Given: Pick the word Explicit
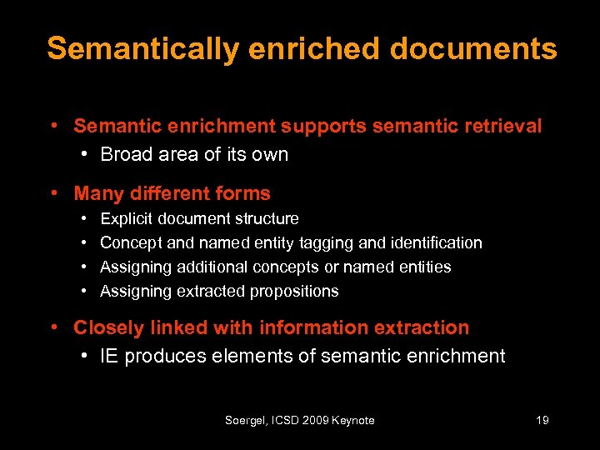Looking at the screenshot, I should [x=126, y=219].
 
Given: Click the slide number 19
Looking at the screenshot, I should [x=542, y=419].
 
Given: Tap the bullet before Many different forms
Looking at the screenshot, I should [x=54, y=193].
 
